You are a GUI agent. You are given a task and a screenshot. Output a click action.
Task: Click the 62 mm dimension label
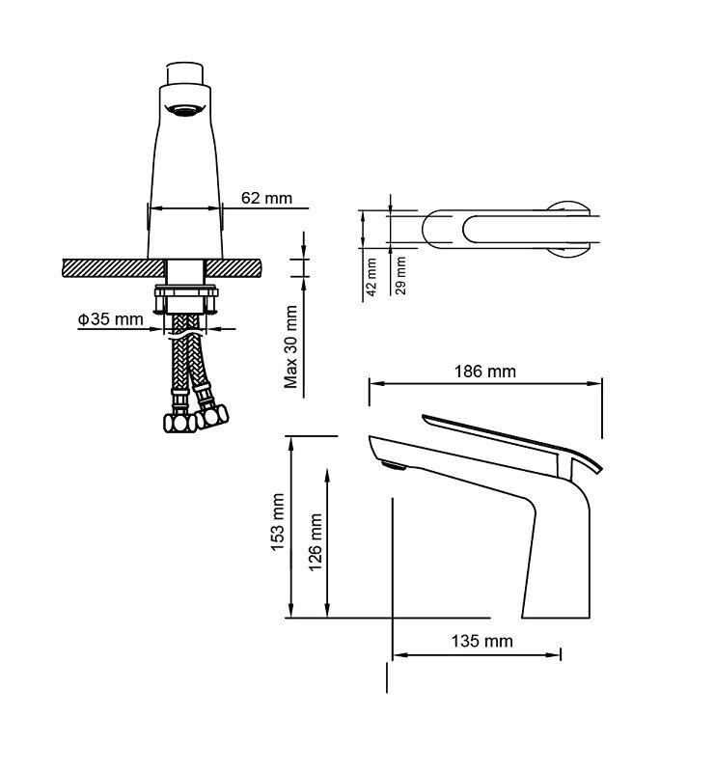[x=266, y=198]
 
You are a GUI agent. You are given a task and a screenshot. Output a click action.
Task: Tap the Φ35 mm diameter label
[x=110, y=319]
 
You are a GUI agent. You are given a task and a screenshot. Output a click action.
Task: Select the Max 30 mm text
[x=291, y=347]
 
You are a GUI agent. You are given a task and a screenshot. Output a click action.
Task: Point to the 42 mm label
[x=371, y=277]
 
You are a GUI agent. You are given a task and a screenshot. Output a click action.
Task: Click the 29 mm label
[x=400, y=275]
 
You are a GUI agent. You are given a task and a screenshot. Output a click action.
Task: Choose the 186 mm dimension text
[x=485, y=372]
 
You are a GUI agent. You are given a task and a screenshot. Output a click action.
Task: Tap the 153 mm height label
[x=278, y=522]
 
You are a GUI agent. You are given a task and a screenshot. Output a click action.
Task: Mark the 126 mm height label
[x=316, y=542]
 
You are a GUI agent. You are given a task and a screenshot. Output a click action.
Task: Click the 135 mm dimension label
[x=482, y=641]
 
